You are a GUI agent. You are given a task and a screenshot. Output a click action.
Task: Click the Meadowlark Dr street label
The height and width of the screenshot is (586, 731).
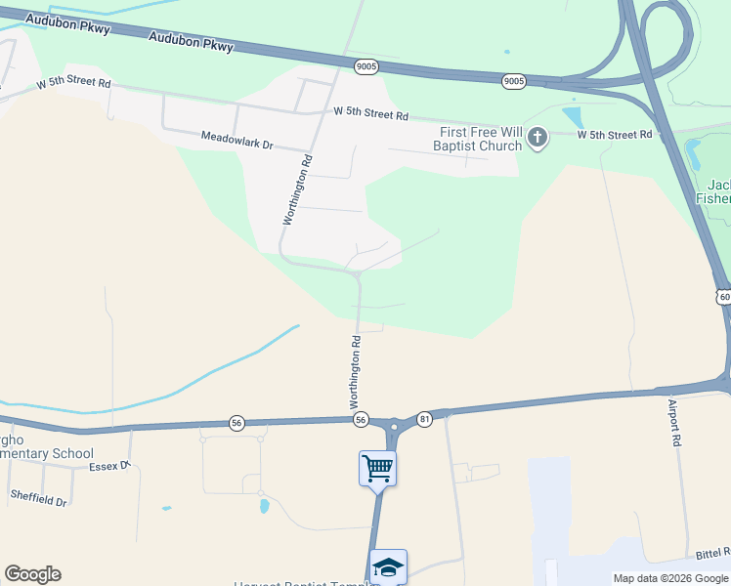pos(237,142)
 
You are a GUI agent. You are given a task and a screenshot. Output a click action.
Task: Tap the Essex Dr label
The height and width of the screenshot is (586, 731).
pos(109,466)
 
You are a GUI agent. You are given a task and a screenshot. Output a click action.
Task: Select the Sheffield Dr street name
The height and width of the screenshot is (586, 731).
pos(39,498)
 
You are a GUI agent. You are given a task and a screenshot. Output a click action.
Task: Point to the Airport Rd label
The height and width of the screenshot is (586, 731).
pos(674,423)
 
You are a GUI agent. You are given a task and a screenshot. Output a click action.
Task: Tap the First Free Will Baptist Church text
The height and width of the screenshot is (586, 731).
pos(480,139)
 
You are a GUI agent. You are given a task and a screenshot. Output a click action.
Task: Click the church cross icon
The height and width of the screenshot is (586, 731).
pos(537,140)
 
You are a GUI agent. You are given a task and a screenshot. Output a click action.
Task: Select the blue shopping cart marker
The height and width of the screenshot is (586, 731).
pos(377,468)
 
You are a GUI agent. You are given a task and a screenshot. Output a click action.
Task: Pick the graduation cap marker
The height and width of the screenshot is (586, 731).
pos(388,567)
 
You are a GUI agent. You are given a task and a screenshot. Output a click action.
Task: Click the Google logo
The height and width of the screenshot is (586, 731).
pos(32,574)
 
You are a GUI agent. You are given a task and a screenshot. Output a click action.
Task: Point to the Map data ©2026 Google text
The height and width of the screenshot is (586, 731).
pos(670,578)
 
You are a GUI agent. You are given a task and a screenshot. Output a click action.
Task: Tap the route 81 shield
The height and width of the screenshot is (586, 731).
pos(423,417)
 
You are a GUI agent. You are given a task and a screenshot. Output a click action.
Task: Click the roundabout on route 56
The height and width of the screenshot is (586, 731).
pos(394,426)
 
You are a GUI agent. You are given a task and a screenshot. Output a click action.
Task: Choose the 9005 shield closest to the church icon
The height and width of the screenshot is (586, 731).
pos(514,81)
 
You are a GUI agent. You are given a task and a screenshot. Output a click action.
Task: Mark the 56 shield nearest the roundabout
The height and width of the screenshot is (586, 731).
pos(361,419)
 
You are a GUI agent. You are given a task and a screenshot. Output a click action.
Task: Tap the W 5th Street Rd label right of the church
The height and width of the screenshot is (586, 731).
pos(614,135)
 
